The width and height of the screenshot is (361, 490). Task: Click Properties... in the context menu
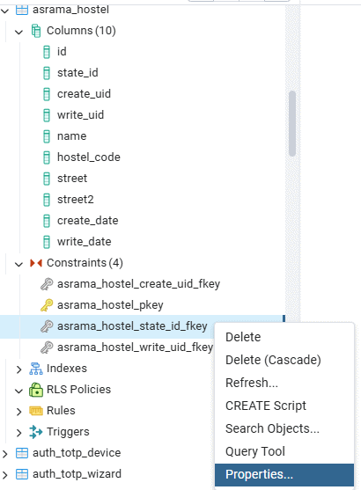pyautogui.click(x=259, y=474)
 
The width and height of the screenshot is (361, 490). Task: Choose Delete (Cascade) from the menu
pyautogui.click(x=273, y=360)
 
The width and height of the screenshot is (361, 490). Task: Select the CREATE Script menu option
pyautogui.click(x=266, y=406)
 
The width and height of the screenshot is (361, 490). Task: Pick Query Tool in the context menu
pyautogui.click(x=255, y=451)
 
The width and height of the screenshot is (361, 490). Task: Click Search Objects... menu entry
pyautogui.click(x=272, y=428)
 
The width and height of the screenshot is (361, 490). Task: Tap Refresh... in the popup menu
pyautogui.click(x=252, y=383)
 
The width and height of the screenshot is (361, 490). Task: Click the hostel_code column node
pyautogui.click(x=89, y=157)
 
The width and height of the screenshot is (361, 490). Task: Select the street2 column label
pyautogui.click(x=76, y=200)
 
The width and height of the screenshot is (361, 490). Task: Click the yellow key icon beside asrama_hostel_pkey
pyautogui.click(x=47, y=305)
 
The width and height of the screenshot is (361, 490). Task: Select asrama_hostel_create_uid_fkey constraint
pyautogui.click(x=138, y=284)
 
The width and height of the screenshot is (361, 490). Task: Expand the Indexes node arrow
pyautogui.click(x=18, y=369)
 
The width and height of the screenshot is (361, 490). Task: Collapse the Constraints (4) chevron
pyautogui.click(x=18, y=264)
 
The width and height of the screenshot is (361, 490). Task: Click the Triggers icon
pyautogui.click(x=36, y=432)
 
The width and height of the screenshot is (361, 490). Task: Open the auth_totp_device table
pyautogui.click(x=77, y=453)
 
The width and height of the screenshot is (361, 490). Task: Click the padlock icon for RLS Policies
pyautogui.click(x=36, y=390)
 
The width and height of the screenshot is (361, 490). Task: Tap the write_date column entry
pyautogui.click(x=85, y=242)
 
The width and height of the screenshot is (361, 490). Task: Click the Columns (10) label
pyautogui.click(x=81, y=31)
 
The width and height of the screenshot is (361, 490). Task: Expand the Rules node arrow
pyautogui.click(x=18, y=411)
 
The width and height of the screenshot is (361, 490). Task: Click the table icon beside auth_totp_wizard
pyautogui.click(x=22, y=474)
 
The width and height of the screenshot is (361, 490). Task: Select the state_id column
pyautogui.click(x=77, y=73)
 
